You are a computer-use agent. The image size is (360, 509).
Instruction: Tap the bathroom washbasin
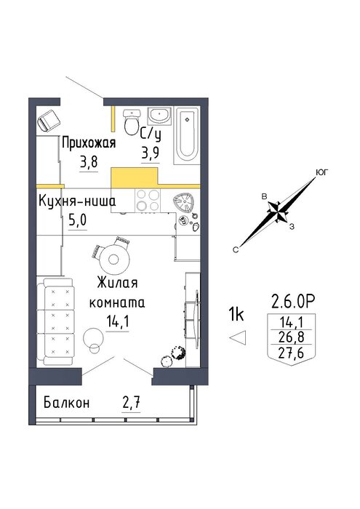pyautogui.click(x=159, y=116)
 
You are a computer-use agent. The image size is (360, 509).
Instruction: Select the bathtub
pyautogui.click(x=186, y=135)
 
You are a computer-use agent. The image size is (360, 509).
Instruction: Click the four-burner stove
pyautogui.click(x=148, y=200)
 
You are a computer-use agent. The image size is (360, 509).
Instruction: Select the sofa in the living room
pyautogui.click(x=55, y=321)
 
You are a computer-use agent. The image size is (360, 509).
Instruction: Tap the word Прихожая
pyautogui.click(x=89, y=143)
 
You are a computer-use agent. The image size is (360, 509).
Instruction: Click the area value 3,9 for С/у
pyautogui.click(x=151, y=152)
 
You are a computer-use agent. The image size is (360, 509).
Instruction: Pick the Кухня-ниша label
pyautogui.click(x=77, y=201)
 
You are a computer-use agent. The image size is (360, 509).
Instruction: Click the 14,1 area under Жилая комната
pyautogui.click(x=118, y=322)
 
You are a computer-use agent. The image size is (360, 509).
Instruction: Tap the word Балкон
pyautogui.click(x=66, y=403)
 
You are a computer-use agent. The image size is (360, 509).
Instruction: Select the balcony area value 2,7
pyautogui.click(x=131, y=404)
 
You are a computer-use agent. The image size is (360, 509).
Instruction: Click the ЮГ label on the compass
pyautogui.click(x=321, y=172)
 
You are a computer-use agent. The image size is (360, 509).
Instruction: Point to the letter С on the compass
pyautogui.click(x=236, y=249)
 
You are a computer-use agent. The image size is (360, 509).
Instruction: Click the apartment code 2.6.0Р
pyautogui.click(x=293, y=302)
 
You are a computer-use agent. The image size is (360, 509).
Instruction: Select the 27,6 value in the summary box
pyautogui.click(x=291, y=353)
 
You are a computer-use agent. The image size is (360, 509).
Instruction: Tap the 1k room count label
pyautogui.click(x=236, y=314)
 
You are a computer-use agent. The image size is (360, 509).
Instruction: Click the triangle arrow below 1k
pyautogui.click(x=238, y=337)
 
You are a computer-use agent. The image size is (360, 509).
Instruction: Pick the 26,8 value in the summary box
pyautogui.click(x=291, y=337)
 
